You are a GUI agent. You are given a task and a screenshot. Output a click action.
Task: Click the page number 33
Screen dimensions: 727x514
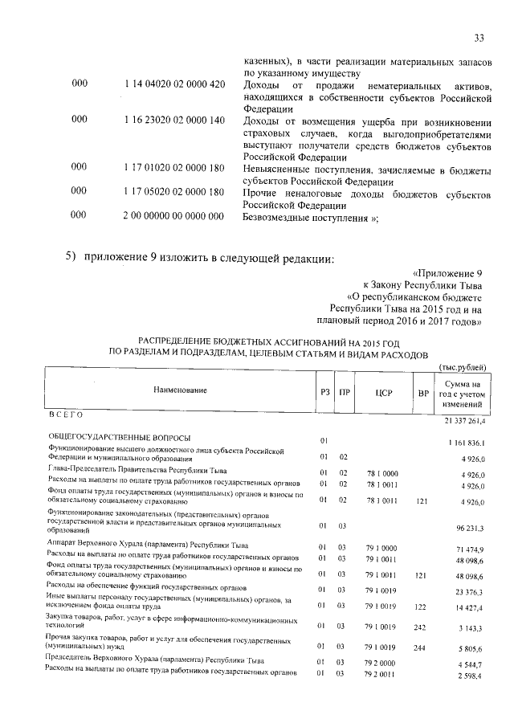[479, 38]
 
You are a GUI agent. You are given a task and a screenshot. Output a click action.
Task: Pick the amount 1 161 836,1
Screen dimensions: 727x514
[465, 442]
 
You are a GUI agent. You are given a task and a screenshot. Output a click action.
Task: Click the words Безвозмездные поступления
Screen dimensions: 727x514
[310, 217]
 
